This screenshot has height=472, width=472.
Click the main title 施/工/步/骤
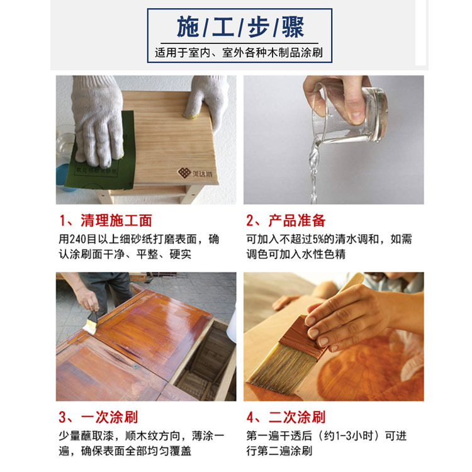pos(240,27)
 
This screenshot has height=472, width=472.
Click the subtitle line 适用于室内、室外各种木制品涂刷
pos(239,53)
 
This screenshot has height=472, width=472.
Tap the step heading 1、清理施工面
pos(106,220)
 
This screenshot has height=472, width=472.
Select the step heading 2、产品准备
pos(286,220)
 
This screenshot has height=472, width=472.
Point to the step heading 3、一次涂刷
pos(98,417)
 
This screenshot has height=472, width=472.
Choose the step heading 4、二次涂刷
pos(286,417)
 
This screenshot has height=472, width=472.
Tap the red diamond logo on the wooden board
pos(184,173)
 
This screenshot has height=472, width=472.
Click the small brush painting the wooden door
pos(91,323)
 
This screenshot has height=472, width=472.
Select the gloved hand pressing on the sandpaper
pos(97,120)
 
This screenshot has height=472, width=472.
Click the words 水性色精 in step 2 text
pos(323,254)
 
